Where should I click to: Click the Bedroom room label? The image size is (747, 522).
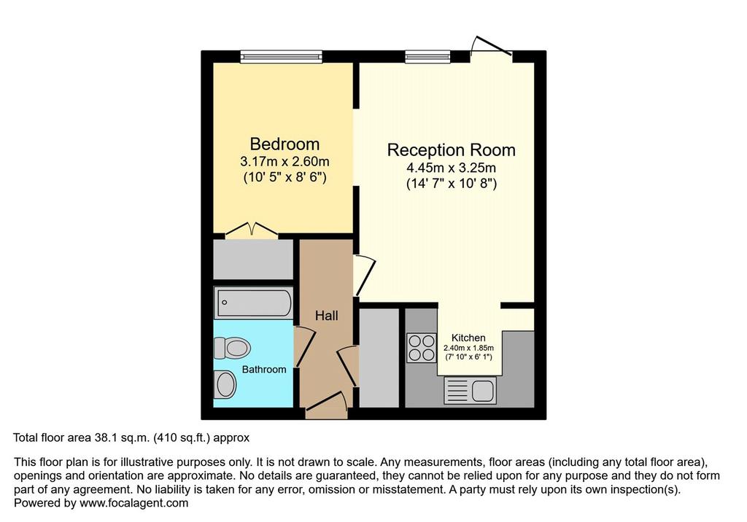pos(285,144)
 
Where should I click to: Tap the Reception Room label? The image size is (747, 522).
pos(451,150)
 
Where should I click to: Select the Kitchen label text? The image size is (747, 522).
pos(468,338)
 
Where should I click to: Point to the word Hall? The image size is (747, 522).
pos(326,315)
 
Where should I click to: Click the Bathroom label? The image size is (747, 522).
pos(264,370)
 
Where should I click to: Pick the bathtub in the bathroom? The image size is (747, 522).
pos(253,303)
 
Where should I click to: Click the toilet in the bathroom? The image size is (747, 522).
pos(232,348)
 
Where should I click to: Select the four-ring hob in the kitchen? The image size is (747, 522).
pos(422,348)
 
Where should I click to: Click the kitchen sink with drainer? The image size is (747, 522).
pos(470,390)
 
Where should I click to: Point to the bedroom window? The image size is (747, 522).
pos(281,57)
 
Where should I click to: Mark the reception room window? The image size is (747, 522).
pos(427,57)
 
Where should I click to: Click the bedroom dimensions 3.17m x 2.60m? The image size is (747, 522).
pos(285,162)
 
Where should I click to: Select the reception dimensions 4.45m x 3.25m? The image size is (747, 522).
pos(451,168)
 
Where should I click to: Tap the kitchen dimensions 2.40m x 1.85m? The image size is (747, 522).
pos(468,348)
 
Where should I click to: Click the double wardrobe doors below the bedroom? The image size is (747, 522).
pos(252,229)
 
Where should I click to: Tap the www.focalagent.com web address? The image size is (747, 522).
pos(134,503)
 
